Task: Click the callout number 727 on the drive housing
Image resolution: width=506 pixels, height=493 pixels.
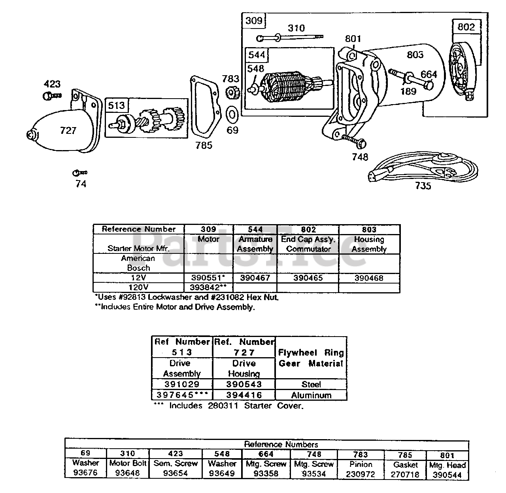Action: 68,130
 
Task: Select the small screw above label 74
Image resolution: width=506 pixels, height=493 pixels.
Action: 79,173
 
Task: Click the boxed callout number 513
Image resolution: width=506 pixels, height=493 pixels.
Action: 116,106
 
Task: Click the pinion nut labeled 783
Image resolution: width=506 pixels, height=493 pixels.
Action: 231,94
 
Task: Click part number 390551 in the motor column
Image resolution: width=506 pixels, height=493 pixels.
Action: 208,278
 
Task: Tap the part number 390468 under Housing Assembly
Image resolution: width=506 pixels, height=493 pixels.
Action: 368,278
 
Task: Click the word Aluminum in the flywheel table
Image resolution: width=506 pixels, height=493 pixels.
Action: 311,395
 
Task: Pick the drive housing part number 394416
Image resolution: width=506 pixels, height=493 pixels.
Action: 244,395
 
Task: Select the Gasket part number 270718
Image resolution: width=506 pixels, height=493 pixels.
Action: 405,474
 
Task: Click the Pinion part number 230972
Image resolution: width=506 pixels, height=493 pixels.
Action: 361,474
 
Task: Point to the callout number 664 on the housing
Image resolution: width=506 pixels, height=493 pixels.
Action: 429,74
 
